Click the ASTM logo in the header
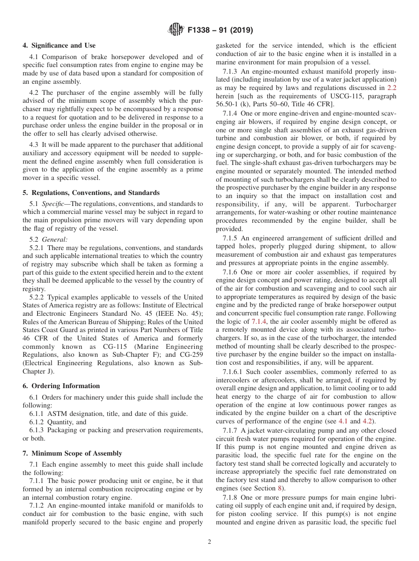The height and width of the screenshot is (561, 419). pos(176,30)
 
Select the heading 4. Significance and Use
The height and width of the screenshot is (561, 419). pos(59,45)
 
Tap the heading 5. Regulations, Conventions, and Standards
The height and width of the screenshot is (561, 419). pos(91,193)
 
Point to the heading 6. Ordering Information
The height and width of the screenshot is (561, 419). pos(61,386)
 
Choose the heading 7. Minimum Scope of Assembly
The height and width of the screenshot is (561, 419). pos(72,453)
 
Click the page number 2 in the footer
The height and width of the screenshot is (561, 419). pos(209,542)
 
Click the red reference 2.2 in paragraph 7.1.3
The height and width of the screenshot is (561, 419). pos(392,88)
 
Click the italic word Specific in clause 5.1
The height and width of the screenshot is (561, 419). pos(53,204)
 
